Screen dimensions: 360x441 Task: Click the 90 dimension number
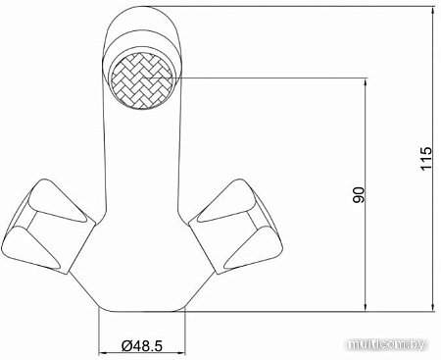(x=359, y=193)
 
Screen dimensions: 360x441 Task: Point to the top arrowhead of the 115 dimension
(x=432, y=12)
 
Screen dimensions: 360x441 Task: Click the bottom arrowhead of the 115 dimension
(x=432, y=304)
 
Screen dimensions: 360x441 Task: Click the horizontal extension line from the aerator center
(x=274, y=77)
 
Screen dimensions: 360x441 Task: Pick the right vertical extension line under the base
(x=182, y=334)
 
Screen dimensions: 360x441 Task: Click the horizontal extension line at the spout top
(x=294, y=5)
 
